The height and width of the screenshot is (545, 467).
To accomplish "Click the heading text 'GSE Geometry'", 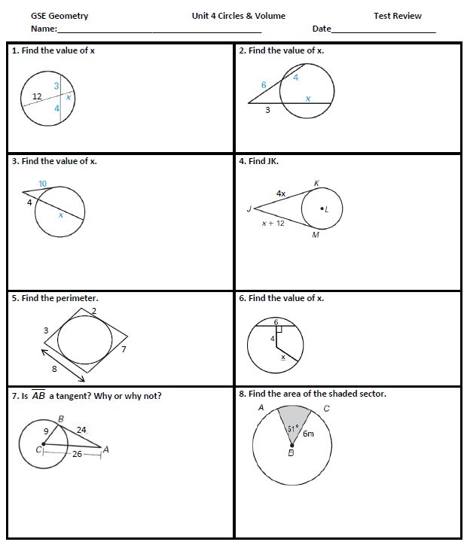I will [x=59, y=16].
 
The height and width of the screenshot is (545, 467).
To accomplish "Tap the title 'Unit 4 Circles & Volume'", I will [x=238, y=16].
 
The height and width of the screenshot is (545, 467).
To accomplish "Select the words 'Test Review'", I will [x=397, y=16].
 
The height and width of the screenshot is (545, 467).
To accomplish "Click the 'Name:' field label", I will [x=44, y=29].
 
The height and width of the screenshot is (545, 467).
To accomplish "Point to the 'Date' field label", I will [x=322, y=29].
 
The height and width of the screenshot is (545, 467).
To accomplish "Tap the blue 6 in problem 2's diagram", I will [x=264, y=85].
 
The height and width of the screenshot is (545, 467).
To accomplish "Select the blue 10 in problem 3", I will [x=42, y=184].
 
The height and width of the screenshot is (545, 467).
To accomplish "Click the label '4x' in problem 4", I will [x=281, y=193].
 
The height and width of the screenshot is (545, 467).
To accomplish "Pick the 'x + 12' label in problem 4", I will [x=273, y=224].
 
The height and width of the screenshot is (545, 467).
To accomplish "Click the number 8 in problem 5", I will [x=54, y=369].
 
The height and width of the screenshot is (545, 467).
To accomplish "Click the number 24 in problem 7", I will [x=81, y=430].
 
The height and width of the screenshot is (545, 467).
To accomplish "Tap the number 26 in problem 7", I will [x=77, y=454].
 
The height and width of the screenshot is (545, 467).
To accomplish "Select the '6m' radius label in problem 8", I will [x=309, y=434].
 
